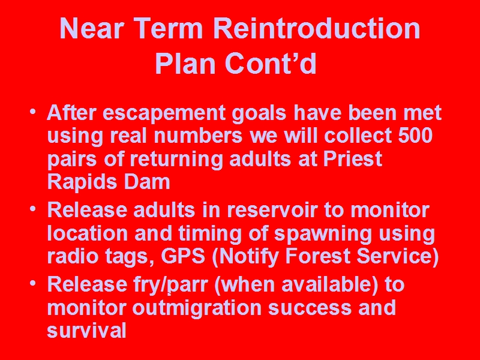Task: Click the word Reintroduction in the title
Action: point(317,28)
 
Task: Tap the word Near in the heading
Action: point(92,28)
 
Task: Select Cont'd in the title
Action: point(271,64)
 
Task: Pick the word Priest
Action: point(353,159)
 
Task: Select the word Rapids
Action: point(82,183)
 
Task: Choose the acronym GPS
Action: point(183,256)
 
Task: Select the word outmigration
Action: point(197,308)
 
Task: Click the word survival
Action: point(86,330)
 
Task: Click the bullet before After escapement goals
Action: point(33,112)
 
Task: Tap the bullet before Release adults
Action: point(33,209)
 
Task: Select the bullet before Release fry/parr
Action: point(33,283)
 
